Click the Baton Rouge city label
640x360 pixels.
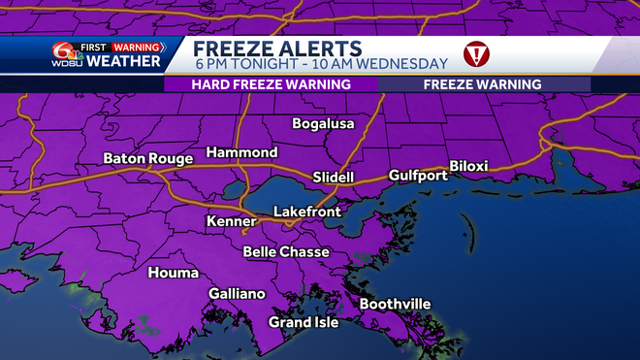[148, 158]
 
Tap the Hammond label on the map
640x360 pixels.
[241, 153]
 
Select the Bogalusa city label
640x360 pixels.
[324, 124]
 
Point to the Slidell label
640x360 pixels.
[334, 178]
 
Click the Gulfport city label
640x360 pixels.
[418, 176]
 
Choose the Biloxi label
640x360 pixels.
[468, 166]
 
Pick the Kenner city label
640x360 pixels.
[231, 222]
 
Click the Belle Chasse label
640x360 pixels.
[286, 252]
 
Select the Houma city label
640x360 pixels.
[173, 273]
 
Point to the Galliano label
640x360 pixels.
[237, 294]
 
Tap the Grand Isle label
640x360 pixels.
[304, 322]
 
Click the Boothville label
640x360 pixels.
[395, 304]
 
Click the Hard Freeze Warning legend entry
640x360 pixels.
[271, 84]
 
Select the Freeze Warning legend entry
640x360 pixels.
[482, 84]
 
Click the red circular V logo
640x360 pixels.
[476, 55]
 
